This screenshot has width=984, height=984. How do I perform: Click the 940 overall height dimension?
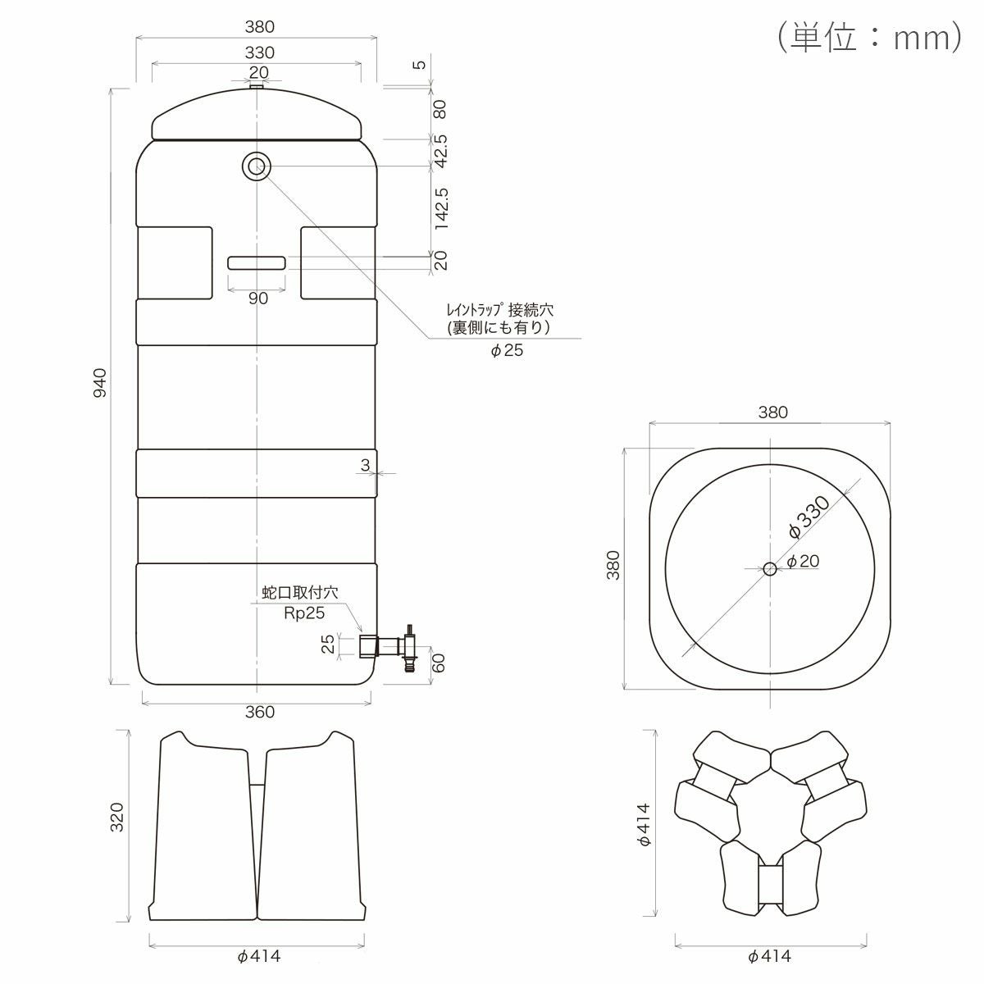click(x=101, y=383)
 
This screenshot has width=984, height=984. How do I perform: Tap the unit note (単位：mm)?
click(x=868, y=37)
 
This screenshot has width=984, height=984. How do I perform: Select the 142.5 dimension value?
click(x=440, y=208)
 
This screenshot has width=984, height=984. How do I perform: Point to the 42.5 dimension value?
click(x=440, y=151)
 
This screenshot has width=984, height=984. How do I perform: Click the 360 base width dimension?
click(x=259, y=712)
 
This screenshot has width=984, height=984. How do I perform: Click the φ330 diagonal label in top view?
click(x=809, y=517)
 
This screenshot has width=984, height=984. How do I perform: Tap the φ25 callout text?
click(x=507, y=350)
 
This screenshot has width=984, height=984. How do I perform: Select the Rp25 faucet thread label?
click(x=304, y=613)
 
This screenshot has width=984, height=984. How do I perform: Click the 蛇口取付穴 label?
click(x=300, y=592)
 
